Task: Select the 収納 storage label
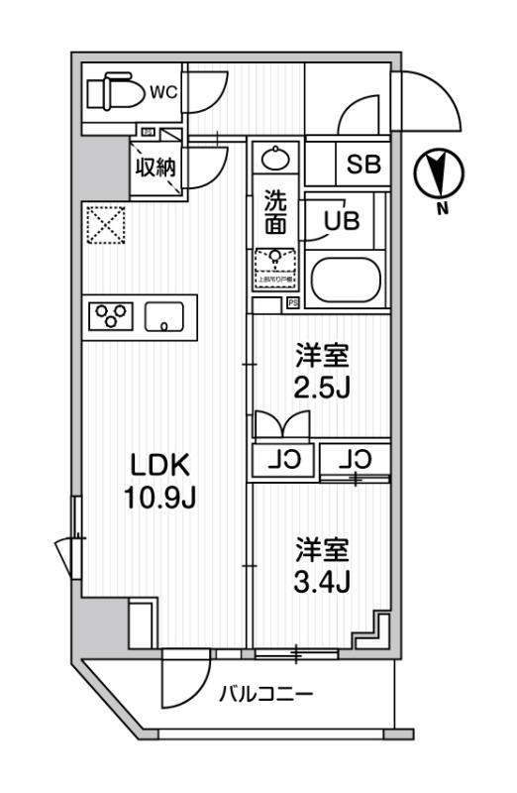(155, 167)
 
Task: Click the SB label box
(363, 166)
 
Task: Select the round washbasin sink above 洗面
(273, 159)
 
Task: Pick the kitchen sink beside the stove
(164, 318)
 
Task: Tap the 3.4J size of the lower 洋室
(321, 578)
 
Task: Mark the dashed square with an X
(103, 224)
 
